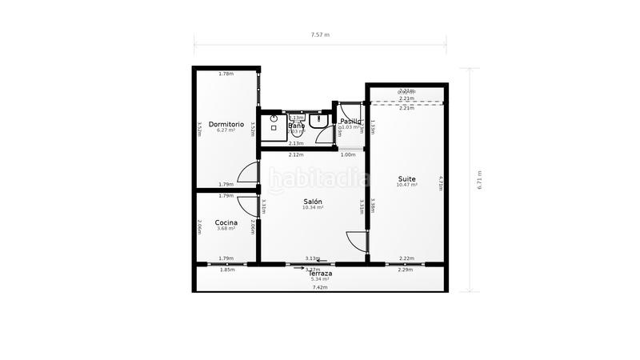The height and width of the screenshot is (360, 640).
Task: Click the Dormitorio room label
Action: tap(226, 124)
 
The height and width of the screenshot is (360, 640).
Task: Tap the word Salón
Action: tap(313, 202)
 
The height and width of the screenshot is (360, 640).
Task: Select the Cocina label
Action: tap(226, 222)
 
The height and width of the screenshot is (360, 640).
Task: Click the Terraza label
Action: tap(320, 274)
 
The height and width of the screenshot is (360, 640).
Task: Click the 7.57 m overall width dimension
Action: tap(320, 35)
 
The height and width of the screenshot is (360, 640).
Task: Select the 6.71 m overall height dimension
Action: tap(480, 181)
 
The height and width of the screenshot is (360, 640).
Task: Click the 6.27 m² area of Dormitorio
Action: tap(226, 130)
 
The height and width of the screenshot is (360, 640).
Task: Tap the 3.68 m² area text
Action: tap(226, 229)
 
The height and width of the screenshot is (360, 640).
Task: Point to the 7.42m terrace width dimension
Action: tap(320, 287)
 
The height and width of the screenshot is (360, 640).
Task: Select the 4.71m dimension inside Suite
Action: tap(440, 182)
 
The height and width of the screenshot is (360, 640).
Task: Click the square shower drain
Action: tap(274, 127)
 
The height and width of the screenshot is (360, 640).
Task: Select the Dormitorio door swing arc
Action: tap(249, 174)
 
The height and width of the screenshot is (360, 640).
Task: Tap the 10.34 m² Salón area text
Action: tap(313, 208)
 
